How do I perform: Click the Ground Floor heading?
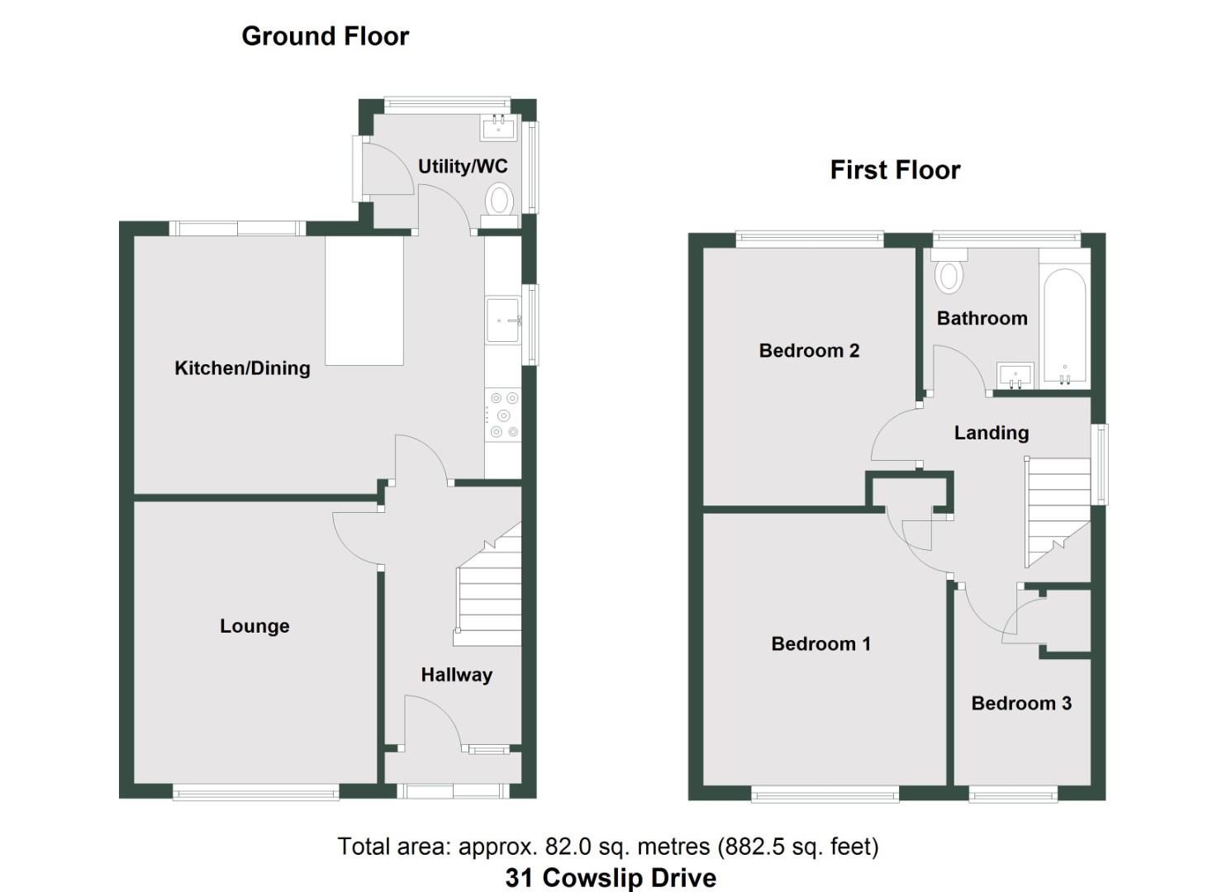(325, 36)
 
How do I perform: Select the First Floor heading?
(895, 170)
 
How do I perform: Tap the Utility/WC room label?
(462, 166)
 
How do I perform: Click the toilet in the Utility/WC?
(499, 201)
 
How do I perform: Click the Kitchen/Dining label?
(242, 368)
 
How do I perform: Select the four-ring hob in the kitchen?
(503, 415)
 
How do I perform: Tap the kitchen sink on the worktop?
(503, 320)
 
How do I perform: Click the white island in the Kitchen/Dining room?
(364, 301)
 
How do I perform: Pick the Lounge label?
(254, 626)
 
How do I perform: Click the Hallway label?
(456, 675)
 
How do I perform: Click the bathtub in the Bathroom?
(1064, 326)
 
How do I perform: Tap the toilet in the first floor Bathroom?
(949, 273)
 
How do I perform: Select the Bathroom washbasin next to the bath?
(1015, 375)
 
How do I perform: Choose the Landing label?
(991, 433)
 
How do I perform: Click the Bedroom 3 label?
(1020, 703)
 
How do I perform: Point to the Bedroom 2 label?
(809, 350)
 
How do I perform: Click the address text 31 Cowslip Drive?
(611, 877)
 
